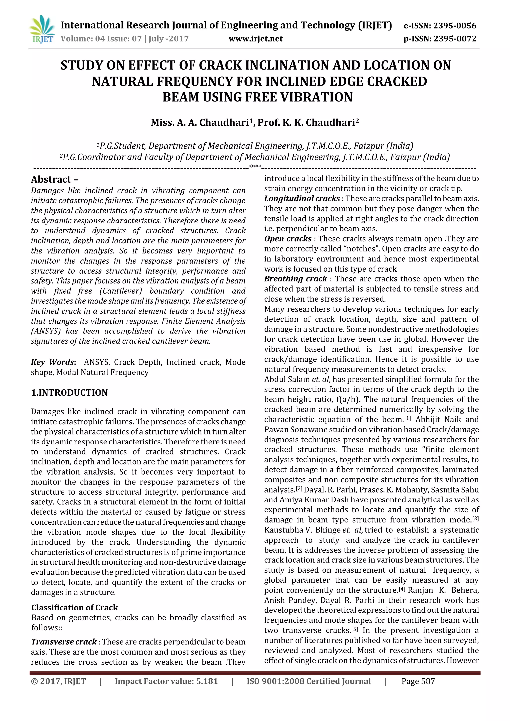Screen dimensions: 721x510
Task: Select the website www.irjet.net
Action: (255, 39)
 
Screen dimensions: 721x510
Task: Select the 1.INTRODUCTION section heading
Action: (69, 392)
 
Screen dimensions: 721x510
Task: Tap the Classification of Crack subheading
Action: (74, 607)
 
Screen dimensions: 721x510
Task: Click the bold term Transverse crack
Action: (64, 642)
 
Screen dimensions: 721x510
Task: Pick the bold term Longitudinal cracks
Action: (302, 198)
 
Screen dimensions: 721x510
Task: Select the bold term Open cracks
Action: (288, 239)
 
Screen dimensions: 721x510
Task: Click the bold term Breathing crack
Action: (296, 279)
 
